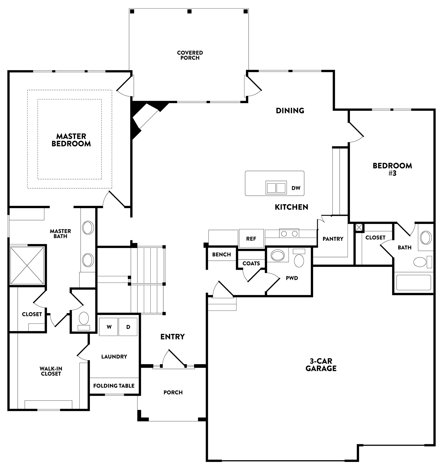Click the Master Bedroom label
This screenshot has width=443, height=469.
pos(71,140)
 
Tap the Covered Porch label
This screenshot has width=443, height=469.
pos(190,55)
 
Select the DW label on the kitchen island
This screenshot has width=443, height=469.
pos(296,188)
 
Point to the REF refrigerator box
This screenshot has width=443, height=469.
pos(251,238)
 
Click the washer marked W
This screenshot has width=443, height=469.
pos(109,327)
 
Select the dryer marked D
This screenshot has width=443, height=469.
pos(128,327)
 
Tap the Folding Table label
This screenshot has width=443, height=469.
pos(114,386)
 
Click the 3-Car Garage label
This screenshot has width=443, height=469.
pos(321,365)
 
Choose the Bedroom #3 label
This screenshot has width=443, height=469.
pos(392,169)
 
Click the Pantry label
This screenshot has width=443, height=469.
pos(333,239)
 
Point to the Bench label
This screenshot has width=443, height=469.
pos(221,254)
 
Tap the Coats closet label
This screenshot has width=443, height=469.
pos(251,263)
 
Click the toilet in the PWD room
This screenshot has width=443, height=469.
pos(299,258)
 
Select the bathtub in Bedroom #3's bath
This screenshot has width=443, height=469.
pos(413,282)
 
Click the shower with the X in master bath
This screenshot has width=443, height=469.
pos(27,265)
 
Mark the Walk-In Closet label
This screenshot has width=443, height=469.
pos(51,371)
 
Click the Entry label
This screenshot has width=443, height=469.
pos(172,336)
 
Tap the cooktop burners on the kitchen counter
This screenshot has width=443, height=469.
pos(289,233)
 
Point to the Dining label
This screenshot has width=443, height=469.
pos(290,110)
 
